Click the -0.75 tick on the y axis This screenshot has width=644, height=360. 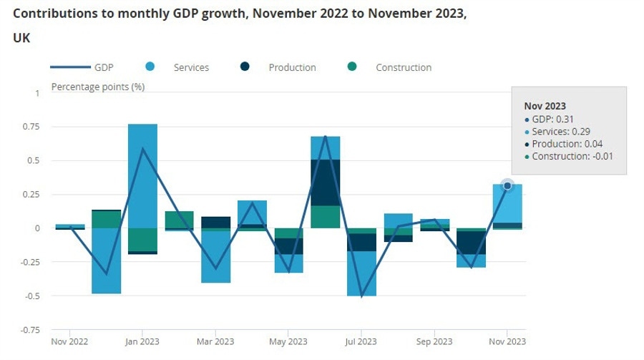(x=29, y=330)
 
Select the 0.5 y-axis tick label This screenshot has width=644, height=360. (x=34, y=160)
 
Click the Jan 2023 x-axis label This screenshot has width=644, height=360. (x=142, y=341)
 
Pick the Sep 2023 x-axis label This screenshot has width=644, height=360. (x=434, y=341)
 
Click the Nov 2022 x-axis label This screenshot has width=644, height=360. (x=69, y=341)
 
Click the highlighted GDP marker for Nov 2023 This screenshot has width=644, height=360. (x=507, y=186)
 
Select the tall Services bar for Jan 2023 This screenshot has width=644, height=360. (x=142, y=175)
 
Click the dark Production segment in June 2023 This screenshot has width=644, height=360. (x=325, y=183)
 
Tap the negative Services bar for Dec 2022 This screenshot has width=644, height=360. (x=106, y=261)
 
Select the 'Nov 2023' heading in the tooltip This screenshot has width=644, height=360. (x=545, y=106)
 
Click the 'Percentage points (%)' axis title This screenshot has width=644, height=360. (x=98, y=87)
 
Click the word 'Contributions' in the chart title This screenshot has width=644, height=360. (x=49, y=14)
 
